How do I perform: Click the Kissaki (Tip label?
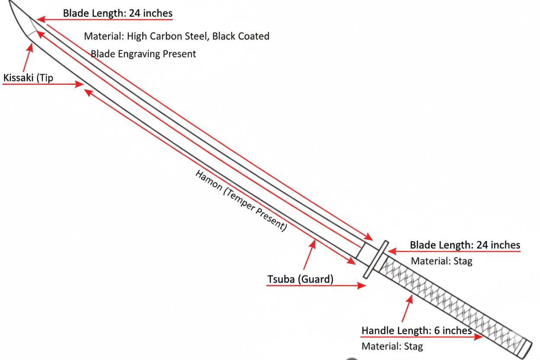tap(28, 78)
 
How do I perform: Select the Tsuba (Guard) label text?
tap(300, 279)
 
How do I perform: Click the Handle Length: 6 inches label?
tap(416, 331)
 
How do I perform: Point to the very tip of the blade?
tap(10, 2)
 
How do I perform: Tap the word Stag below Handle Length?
tap(413, 346)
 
